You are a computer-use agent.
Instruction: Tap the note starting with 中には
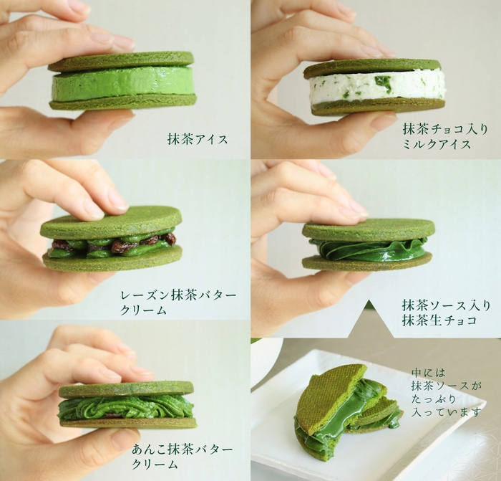click(x=437, y=393)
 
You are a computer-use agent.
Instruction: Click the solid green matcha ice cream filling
click(x=122, y=83)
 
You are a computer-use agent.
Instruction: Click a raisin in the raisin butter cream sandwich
click(x=170, y=239)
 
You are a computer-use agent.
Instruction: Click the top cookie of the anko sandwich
click(x=126, y=389)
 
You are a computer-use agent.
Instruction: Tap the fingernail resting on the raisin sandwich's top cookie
click(x=93, y=207)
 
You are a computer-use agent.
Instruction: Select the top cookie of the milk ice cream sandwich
click(x=372, y=68)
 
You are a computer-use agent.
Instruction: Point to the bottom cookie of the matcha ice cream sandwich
click(x=122, y=103)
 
